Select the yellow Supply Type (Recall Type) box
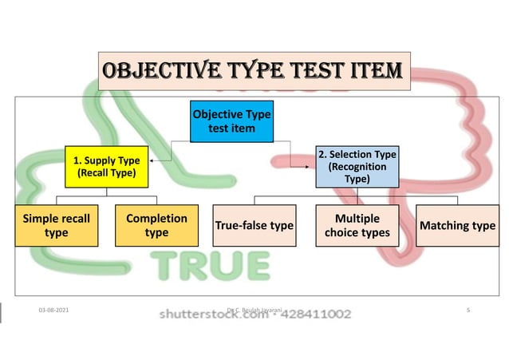pyautogui.click(x=105, y=166)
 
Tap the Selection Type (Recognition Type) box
pyautogui.click(x=357, y=166)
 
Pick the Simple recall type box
pyautogui.click(x=56, y=225)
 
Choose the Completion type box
pyautogui.click(x=156, y=225)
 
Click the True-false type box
pyautogui.click(x=254, y=226)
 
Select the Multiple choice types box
pyautogui.click(x=357, y=225)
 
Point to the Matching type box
pyautogui.click(x=457, y=226)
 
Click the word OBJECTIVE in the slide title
pyautogui.click(x=156, y=71)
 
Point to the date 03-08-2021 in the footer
pyautogui.click(x=53, y=309)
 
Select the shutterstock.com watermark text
pyautogui.click(x=213, y=315)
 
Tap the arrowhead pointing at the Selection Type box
pyautogui.click(x=313, y=166)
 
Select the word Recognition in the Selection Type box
pyautogui.click(x=357, y=167)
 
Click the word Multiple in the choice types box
pyautogui.click(x=357, y=218)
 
